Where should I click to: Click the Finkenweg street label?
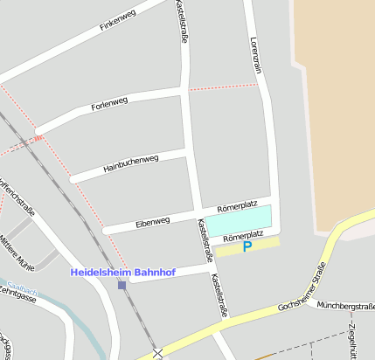(x=119, y=18)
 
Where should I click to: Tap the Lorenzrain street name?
(x=255, y=55)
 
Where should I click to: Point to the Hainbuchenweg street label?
(x=130, y=163)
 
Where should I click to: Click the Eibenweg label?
(x=152, y=223)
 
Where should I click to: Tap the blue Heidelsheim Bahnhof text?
(x=122, y=273)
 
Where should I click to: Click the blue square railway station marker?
(x=122, y=285)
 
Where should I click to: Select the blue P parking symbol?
(x=247, y=247)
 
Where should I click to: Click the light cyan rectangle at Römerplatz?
(x=239, y=218)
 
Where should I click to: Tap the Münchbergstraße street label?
(x=346, y=306)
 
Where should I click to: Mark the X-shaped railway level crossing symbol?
(x=157, y=353)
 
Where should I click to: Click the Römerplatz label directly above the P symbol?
(x=243, y=237)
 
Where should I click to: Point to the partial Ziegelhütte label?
(x=351, y=341)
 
